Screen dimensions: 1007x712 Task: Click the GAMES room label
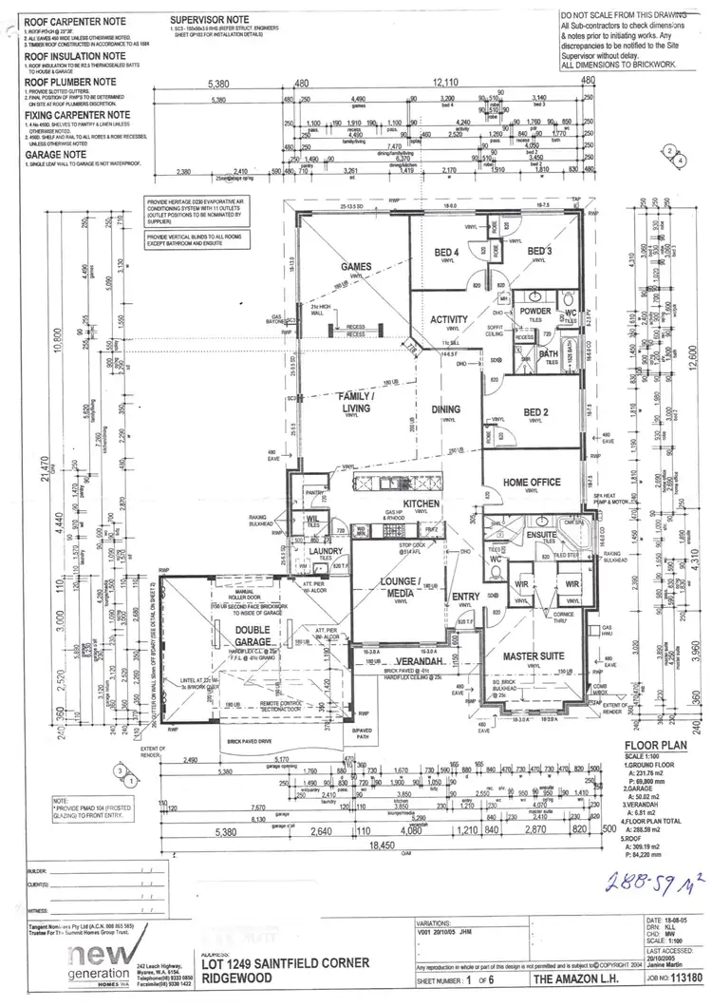tap(357, 267)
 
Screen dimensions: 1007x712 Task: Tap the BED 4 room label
tap(446, 251)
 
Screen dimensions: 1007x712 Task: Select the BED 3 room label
tap(541, 251)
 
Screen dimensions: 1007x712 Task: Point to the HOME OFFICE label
tap(533, 482)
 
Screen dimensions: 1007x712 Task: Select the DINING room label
tap(445, 409)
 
